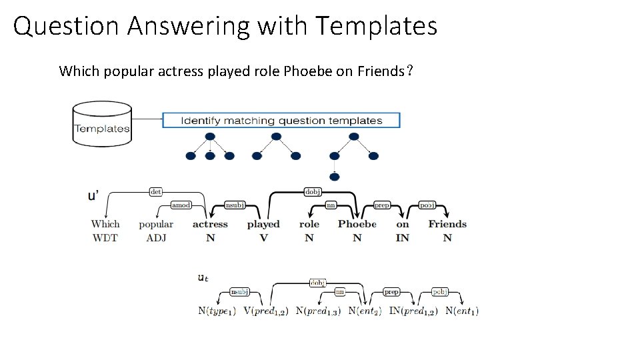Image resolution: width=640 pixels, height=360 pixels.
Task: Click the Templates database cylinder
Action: [x=102, y=123]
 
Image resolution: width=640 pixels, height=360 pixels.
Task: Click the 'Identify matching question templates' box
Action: [x=281, y=121]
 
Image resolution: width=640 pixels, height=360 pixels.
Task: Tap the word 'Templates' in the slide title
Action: [x=377, y=27]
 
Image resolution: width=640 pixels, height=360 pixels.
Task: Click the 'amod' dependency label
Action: [x=181, y=205]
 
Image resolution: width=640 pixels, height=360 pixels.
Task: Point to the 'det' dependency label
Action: [x=155, y=191]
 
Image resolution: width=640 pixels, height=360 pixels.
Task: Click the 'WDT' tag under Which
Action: [x=105, y=238]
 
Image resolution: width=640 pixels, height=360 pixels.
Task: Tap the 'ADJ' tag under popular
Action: [x=156, y=238]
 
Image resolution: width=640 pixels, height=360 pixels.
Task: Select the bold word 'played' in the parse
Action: [x=263, y=225]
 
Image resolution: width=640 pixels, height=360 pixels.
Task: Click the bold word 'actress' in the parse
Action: [x=210, y=225]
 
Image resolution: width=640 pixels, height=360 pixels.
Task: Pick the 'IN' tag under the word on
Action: [x=403, y=238]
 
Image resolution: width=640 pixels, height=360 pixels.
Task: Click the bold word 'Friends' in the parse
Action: [x=447, y=225]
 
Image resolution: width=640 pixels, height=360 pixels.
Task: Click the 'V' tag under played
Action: [x=263, y=238]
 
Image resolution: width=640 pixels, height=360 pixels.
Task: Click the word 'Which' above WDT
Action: [x=105, y=225]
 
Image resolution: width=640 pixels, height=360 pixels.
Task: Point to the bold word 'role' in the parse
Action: [x=309, y=225]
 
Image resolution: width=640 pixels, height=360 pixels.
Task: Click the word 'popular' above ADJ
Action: [x=156, y=225]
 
